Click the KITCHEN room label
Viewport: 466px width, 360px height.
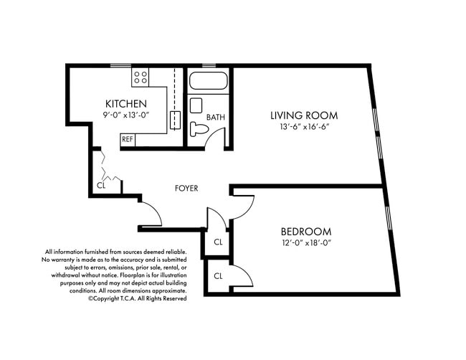126,103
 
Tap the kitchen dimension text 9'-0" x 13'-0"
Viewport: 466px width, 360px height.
126,115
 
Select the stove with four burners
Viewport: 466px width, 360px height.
141,76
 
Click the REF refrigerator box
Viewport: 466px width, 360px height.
128,139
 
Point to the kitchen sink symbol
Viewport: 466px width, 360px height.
174,119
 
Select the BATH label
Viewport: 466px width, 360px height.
216,117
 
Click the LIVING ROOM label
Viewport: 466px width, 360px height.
304,115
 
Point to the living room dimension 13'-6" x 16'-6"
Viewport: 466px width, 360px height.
304,128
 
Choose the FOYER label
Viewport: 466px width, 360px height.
186,189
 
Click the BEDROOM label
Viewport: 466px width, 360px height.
305,232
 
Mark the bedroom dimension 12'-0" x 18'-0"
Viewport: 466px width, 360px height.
305,243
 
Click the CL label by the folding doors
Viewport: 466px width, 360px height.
101,186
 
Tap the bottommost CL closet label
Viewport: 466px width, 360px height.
218,275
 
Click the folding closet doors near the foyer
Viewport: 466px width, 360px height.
108,166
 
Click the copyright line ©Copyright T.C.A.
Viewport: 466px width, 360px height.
137,298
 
